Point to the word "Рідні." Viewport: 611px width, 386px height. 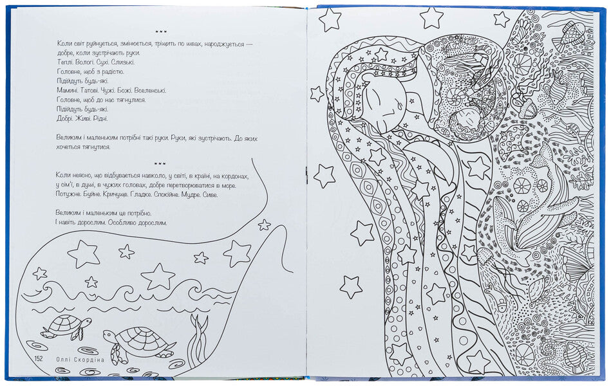pyautogui.click(x=100, y=119)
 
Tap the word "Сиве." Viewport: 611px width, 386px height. pyautogui.click(x=211, y=194)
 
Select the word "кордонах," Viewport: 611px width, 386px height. pyautogui.click(x=234, y=176)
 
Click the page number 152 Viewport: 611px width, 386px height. pyautogui.click(x=39, y=359)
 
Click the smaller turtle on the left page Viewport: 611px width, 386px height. pyautogui.click(x=66, y=326)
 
